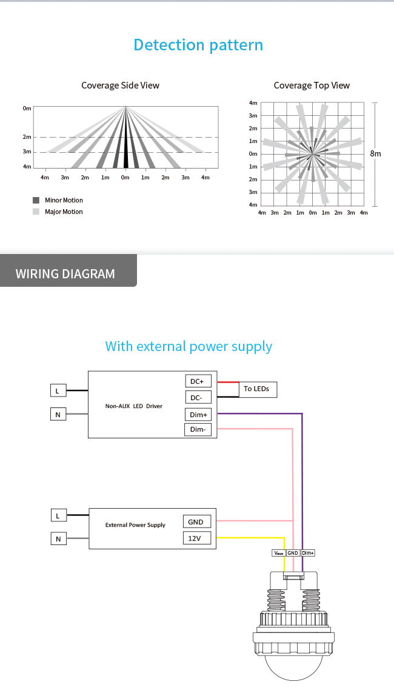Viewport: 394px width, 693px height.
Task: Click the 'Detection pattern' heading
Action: (198, 45)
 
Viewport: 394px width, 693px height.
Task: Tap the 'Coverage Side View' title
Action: (120, 85)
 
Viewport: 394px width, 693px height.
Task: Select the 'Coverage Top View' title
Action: (312, 85)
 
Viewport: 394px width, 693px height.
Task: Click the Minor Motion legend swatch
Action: (36, 200)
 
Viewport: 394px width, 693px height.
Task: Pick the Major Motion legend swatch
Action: (36, 212)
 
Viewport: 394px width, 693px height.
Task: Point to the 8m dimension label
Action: (376, 154)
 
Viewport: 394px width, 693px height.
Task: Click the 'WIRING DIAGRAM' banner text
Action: (65, 273)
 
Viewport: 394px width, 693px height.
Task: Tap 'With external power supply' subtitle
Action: (189, 346)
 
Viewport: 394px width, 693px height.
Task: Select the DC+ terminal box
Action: (198, 381)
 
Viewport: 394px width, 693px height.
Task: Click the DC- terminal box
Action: (198, 398)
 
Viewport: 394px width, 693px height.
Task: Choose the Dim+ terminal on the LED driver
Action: (198, 415)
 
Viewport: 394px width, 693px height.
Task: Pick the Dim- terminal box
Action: (198, 430)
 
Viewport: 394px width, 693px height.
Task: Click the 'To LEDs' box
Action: (256, 389)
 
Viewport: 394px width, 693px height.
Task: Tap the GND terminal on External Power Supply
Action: (196, 522)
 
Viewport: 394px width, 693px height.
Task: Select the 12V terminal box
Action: (196, 538)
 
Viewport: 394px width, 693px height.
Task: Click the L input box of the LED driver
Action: (58, 391)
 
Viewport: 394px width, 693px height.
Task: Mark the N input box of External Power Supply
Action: (58, 538)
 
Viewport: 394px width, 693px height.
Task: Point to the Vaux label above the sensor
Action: (279, 553)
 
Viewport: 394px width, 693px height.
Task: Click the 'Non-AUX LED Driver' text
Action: (134, 406)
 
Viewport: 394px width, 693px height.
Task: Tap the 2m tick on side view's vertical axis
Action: (27, 138)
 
